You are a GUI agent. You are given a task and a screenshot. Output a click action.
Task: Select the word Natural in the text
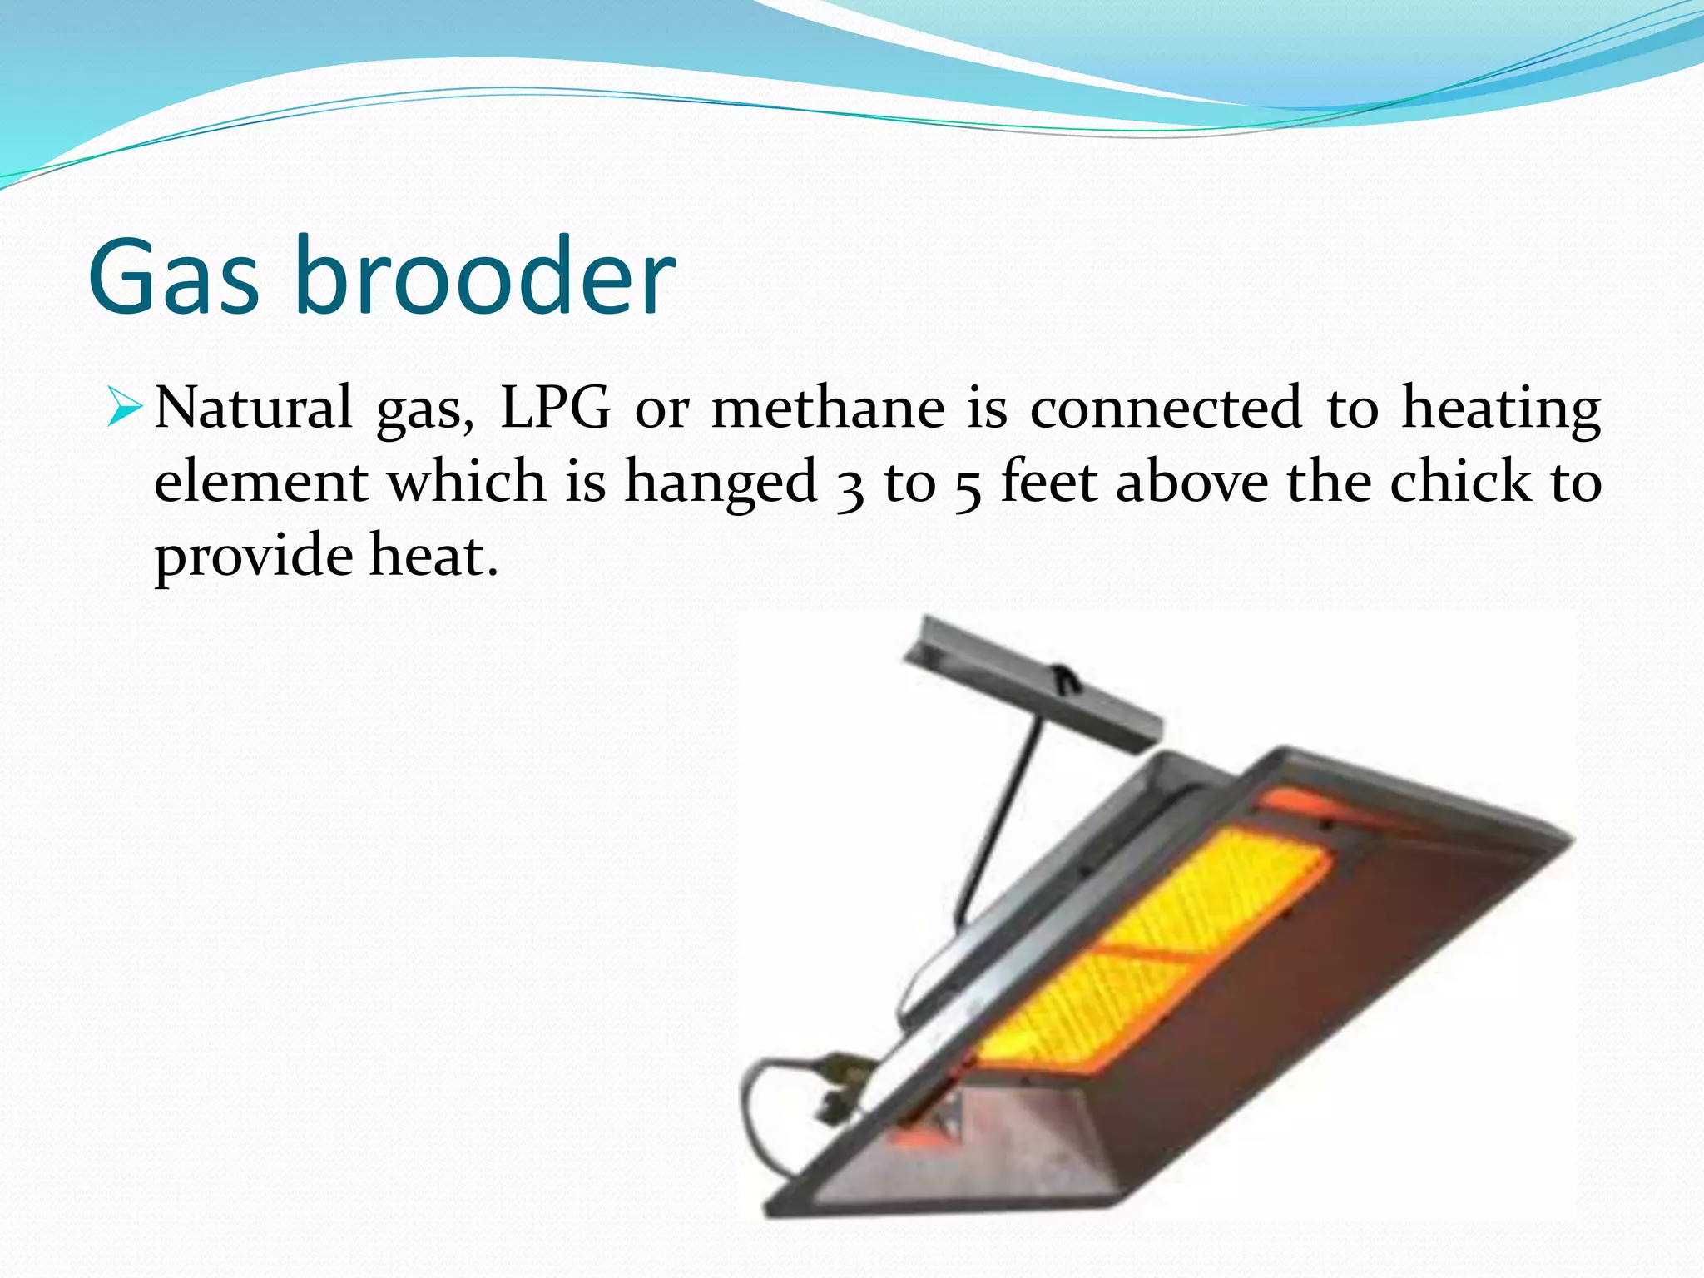pos(253,408)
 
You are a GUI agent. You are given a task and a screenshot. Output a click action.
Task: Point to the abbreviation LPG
pos(555,408)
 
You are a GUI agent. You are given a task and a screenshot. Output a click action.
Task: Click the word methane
pos(828,408)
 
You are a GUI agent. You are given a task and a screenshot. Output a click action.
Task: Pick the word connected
pos(1165,408)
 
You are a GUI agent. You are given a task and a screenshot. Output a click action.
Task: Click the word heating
pos(1501,409)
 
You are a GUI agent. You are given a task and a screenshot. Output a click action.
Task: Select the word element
pos(261,482)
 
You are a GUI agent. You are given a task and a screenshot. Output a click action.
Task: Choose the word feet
pos(1048,482)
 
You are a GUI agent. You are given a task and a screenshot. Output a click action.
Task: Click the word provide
pos(254,557)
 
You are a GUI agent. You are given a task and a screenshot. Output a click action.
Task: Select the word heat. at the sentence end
pos(433,555)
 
